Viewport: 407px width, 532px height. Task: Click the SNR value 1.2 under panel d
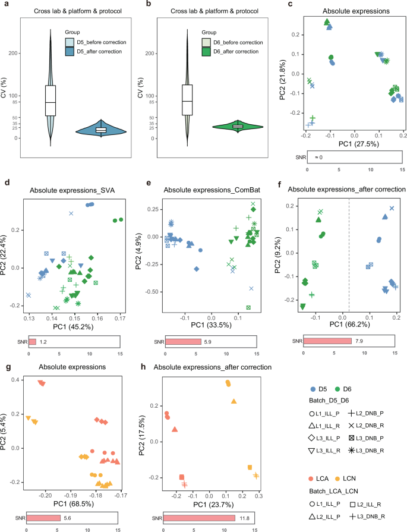[42, 342]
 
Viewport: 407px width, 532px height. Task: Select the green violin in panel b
[238, 126]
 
